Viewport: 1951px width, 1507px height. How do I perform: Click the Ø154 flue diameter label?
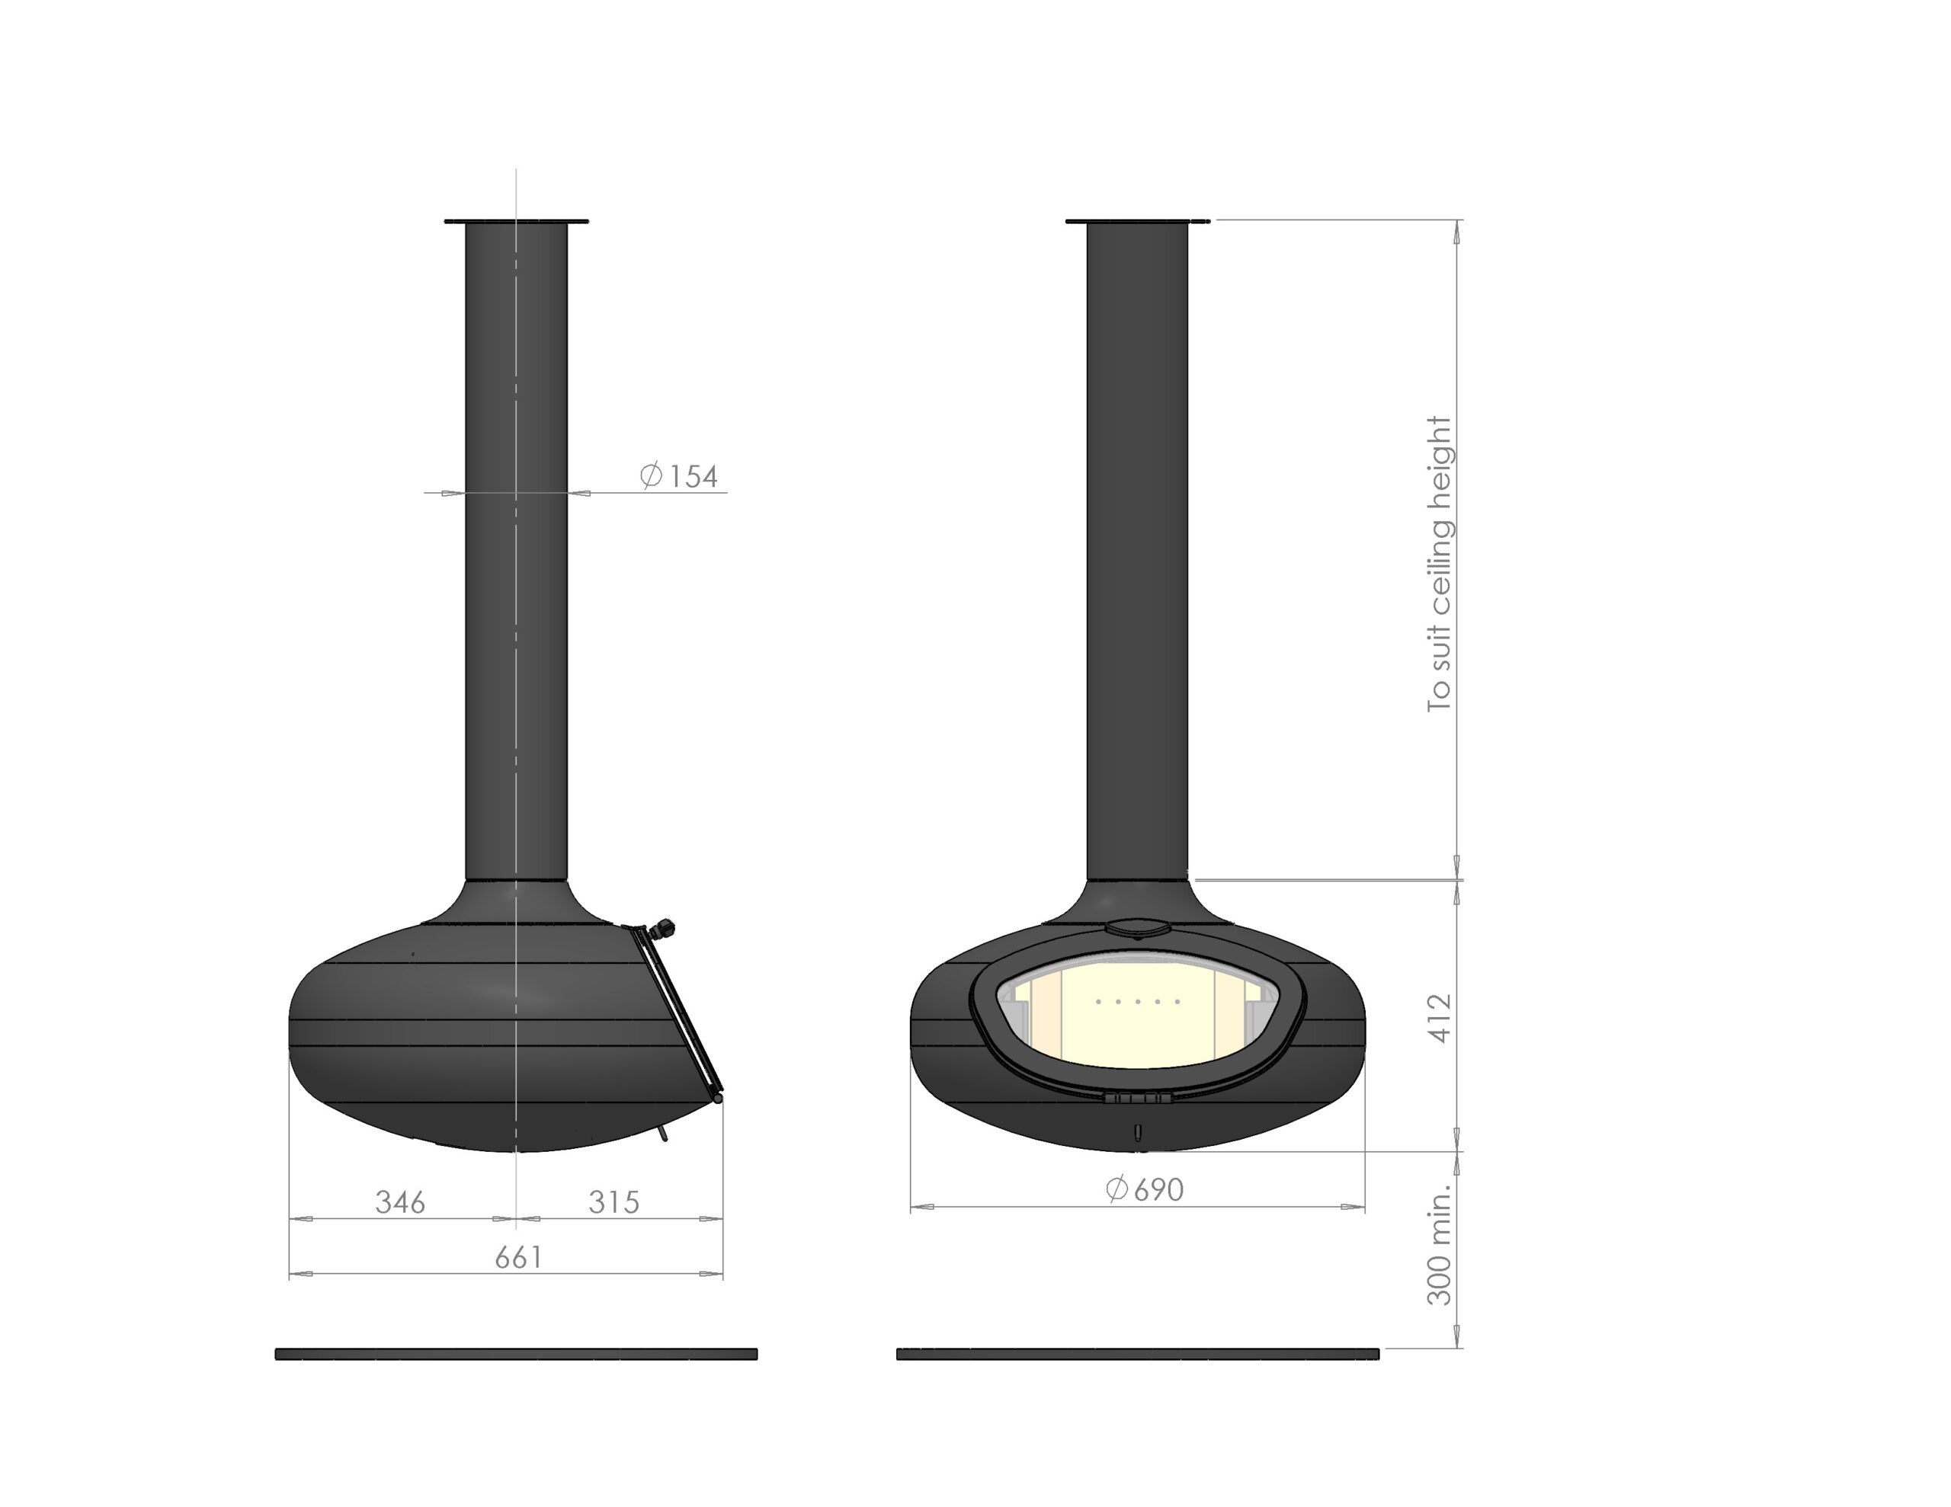point(679,475)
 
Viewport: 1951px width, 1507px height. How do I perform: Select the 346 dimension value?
point(400,1202)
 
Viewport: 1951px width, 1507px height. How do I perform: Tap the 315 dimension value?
point(613,1202)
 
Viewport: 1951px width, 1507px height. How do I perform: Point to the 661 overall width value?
point(518,1258)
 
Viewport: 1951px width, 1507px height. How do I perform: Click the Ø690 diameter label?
point(1145,1189)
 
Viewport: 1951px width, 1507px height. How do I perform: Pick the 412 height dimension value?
point(1440,1017)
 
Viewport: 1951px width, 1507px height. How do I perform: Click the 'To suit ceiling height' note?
point(1440,564)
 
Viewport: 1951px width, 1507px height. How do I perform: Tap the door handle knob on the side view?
point(663,928)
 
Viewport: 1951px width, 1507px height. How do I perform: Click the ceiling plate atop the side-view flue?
point(517,221)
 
